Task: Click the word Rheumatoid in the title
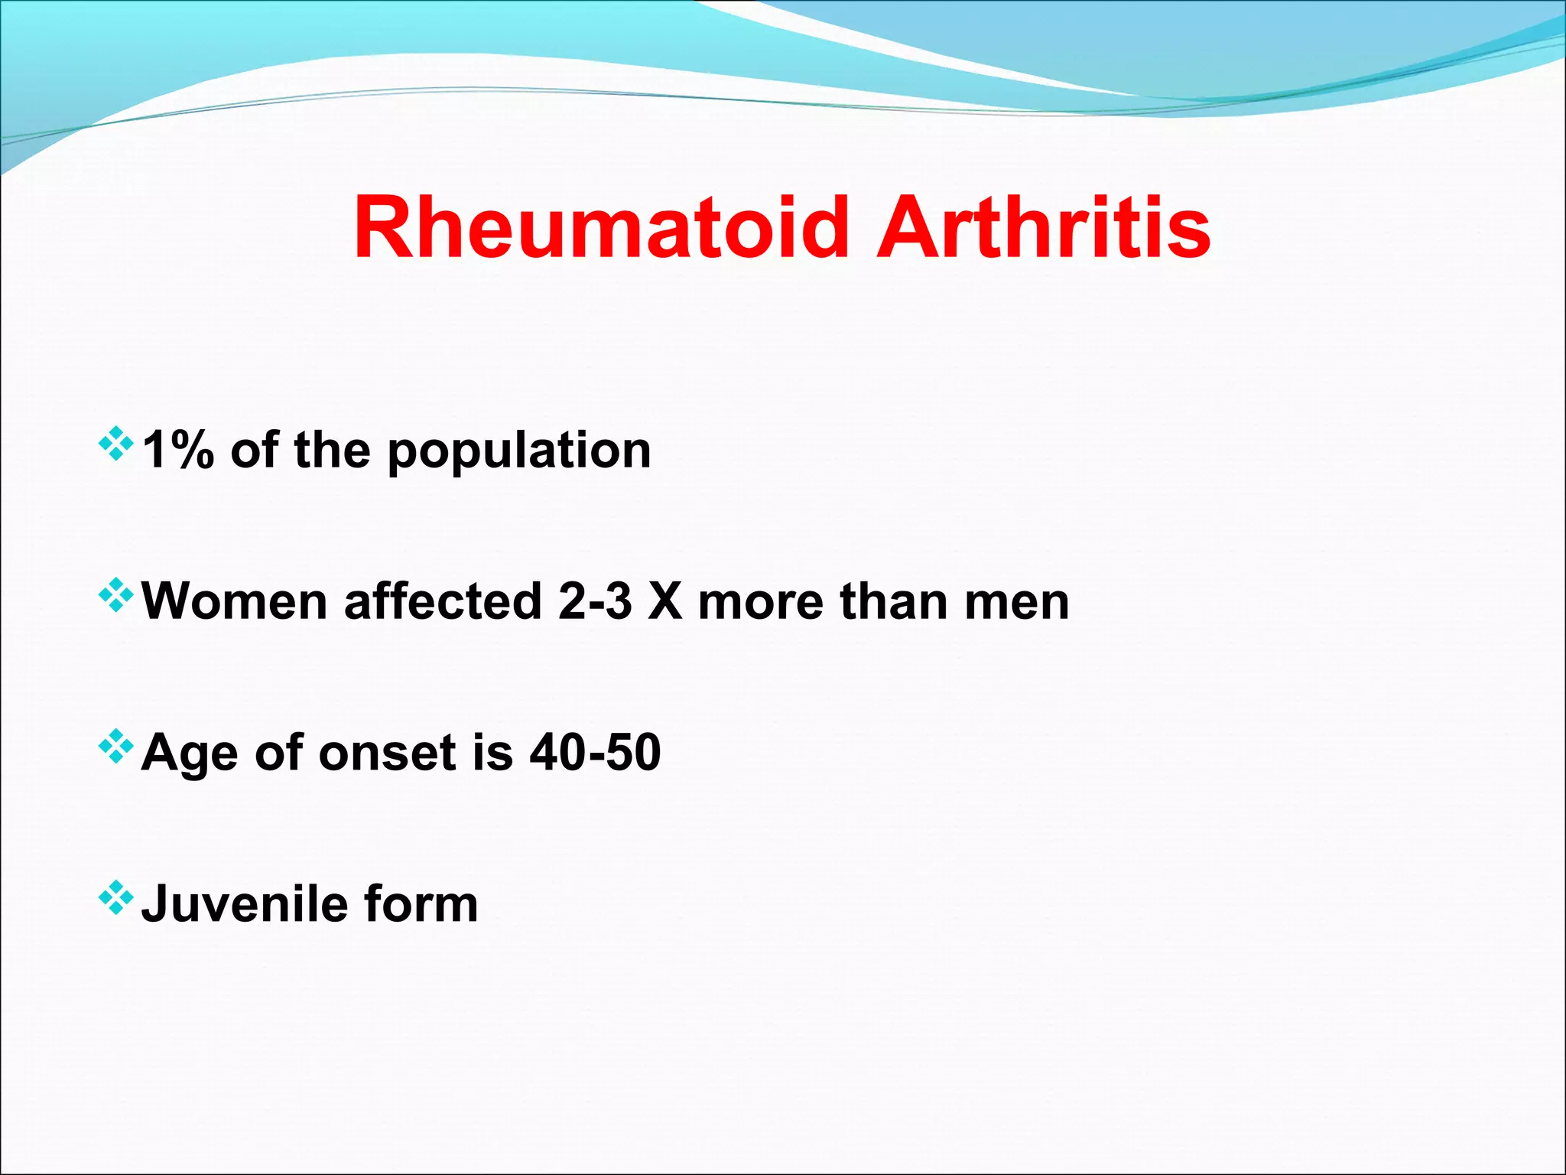(601, 228)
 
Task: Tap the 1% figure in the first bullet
(177, 450)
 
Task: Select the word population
(519, 451)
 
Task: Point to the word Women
(235, 601)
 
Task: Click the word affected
(443, 601)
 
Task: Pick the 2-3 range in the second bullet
(595, 601)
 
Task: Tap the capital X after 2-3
(664, 601)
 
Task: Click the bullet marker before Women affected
(116, 595)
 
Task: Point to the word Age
(189, 753)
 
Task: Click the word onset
(388, 753)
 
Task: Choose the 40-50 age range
(595, 752)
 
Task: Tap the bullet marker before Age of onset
(116, 747)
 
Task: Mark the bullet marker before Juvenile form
(116, 898)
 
